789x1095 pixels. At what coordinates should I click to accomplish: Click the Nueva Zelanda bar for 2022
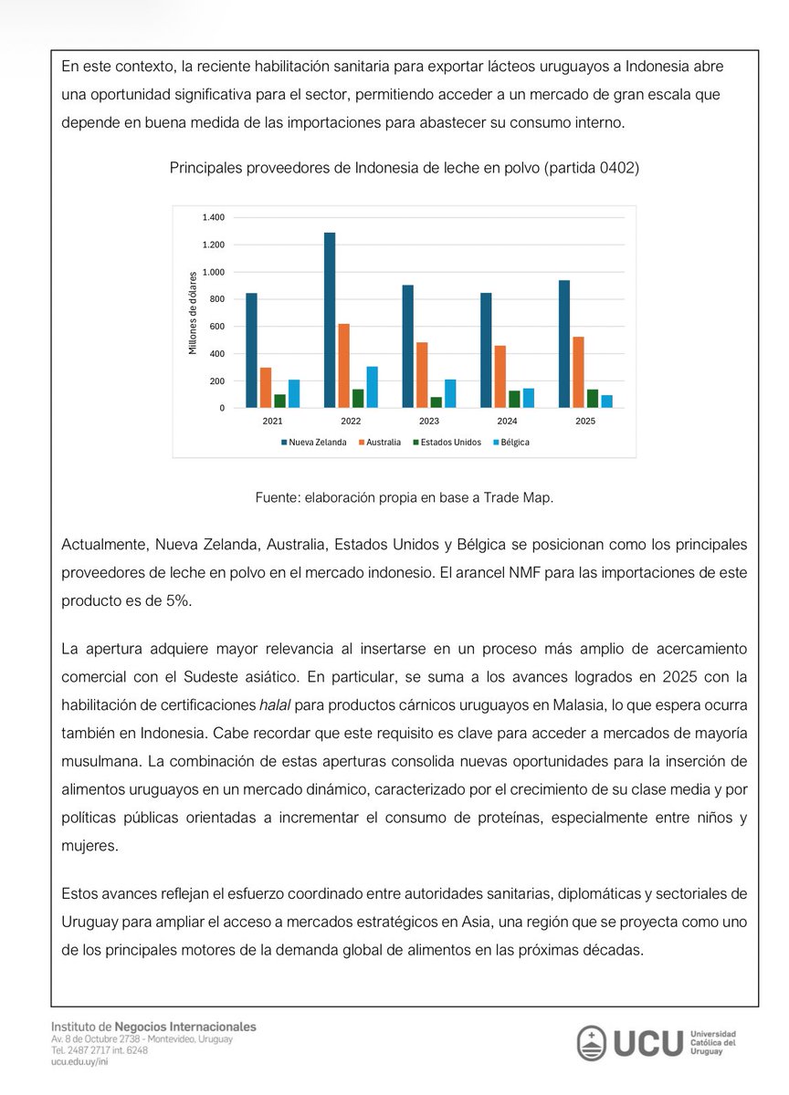[x=330, y=320]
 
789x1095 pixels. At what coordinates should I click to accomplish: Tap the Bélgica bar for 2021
[x=293, y=393]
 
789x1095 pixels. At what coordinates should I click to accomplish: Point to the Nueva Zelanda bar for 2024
[x=486, y=350]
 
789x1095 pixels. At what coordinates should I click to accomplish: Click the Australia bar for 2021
[x=266, y=388]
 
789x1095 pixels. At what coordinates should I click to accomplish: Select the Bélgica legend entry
[x=511, y=442]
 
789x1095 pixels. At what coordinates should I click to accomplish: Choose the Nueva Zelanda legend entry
[x=314, y=442]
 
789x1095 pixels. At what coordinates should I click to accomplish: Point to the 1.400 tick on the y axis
[x=215, y=217]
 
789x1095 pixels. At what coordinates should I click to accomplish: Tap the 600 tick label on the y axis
[x=217, y=327]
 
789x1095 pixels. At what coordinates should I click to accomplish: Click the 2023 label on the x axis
[x=428, y=422]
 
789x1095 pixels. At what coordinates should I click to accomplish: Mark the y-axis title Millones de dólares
[x=193, y=312]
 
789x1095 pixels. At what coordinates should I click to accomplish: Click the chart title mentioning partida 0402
[x=404, y=168]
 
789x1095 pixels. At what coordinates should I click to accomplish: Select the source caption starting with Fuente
[x=404, y=497]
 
